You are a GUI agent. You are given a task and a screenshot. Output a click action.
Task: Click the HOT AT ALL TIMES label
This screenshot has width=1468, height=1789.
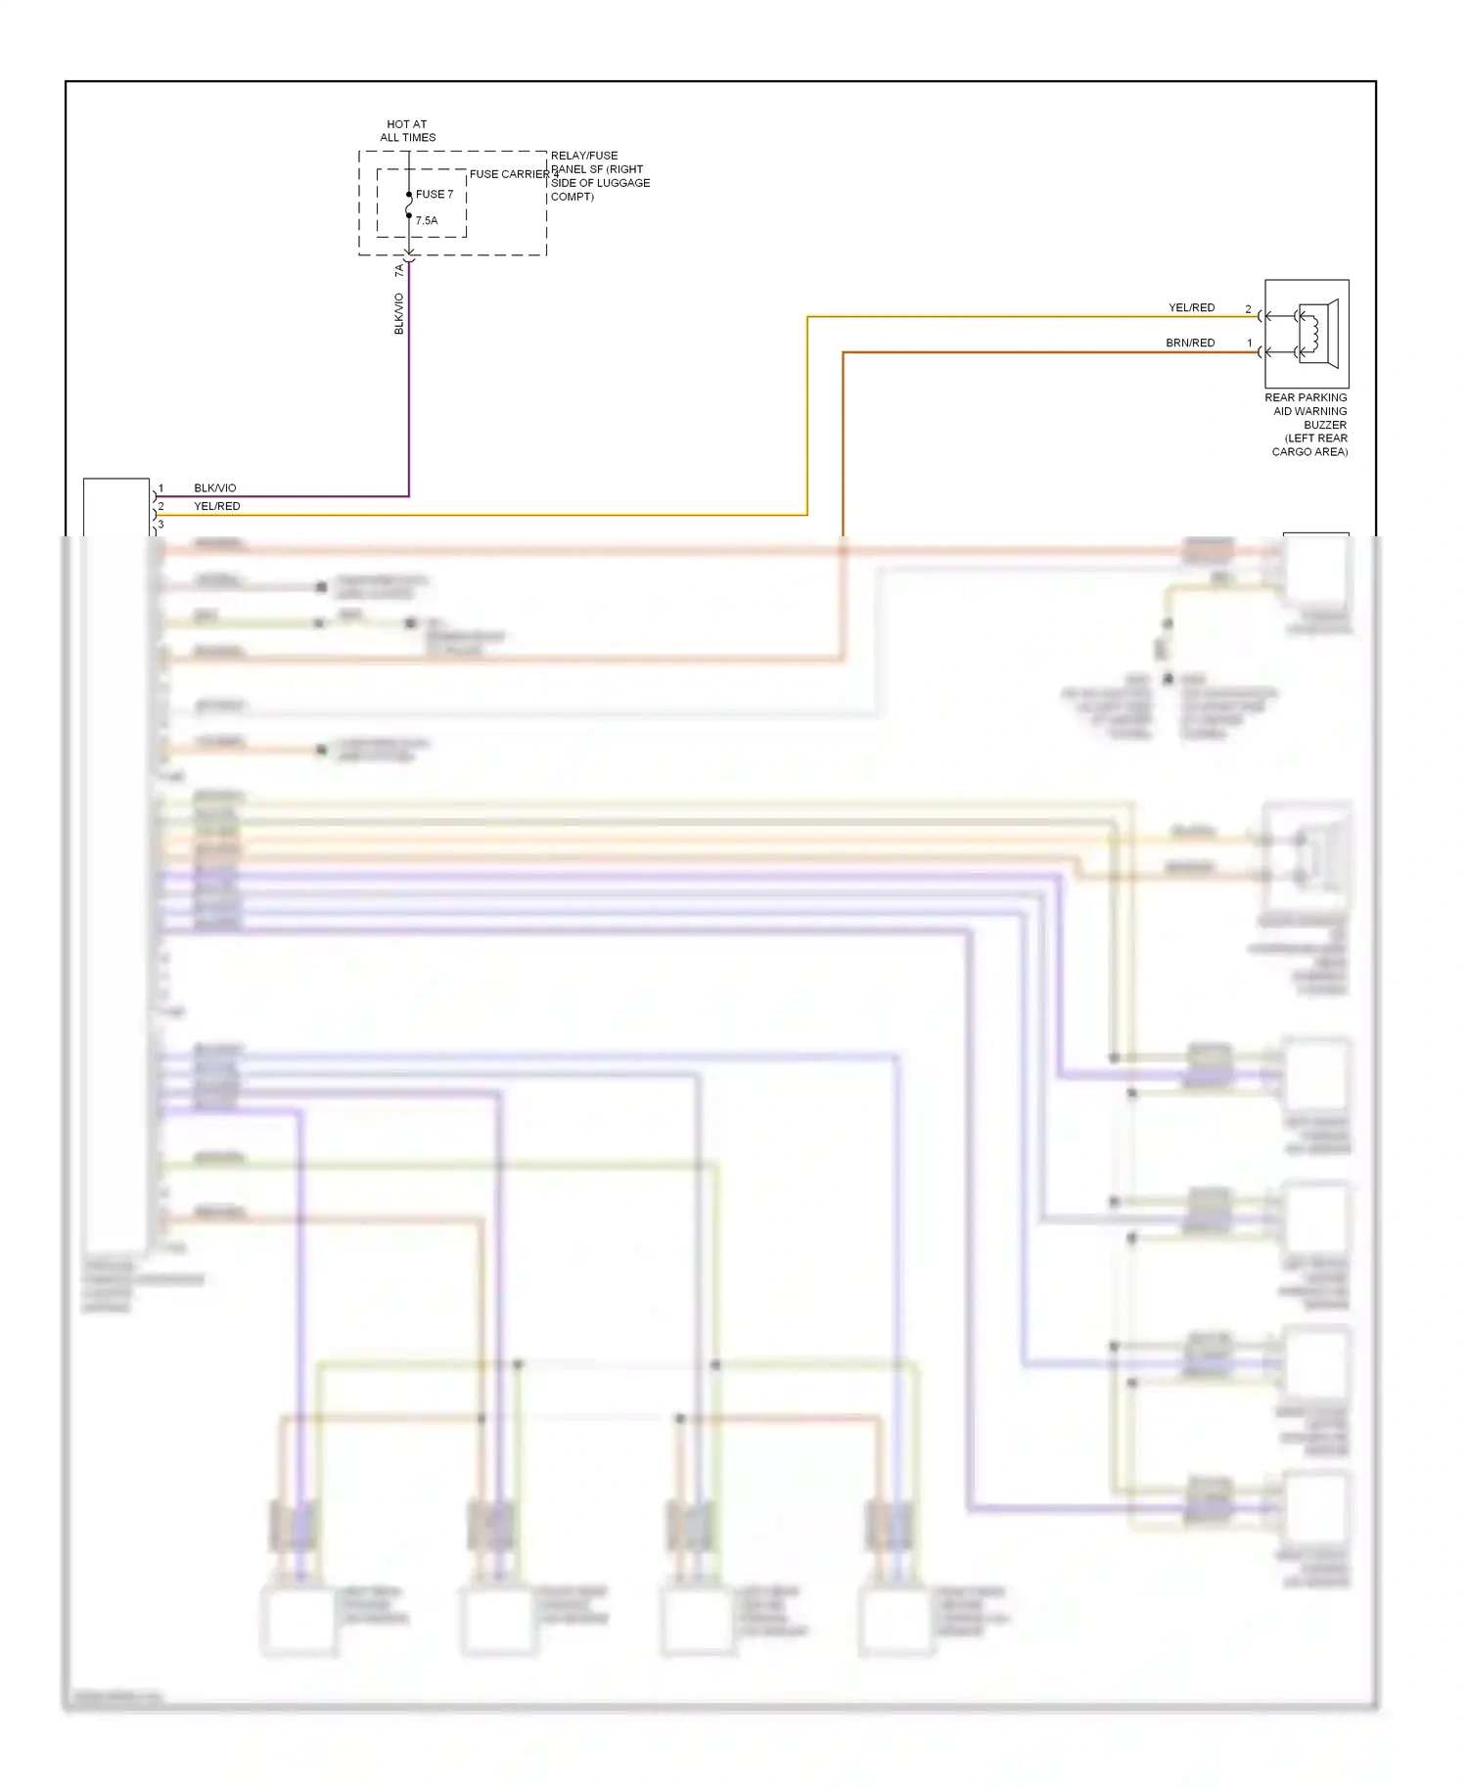pyautogui.click(x=407, y=131)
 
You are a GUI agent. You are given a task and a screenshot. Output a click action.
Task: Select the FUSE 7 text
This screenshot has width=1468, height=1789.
pyautogui.click(x=435, y=195)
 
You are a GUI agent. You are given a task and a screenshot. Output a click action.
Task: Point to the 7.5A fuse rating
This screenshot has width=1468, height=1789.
pyautogui.click(x=427, y=221)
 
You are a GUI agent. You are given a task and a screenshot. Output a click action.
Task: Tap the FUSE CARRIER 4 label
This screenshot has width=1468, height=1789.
pyautogui.click(x=514, y=174)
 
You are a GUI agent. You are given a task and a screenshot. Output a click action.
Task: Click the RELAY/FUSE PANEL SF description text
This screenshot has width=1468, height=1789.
pyautogui.click(x=599, y=176)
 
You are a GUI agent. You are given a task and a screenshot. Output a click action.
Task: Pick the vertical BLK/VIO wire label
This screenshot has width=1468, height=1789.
pyautogui.click(x=399, y=314)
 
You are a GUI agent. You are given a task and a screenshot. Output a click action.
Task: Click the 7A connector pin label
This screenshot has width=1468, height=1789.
pyautogui.click(x=399, y=269)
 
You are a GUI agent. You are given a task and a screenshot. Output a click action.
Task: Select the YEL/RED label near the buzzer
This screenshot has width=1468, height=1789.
pyautogui.click(x=1191, y=307)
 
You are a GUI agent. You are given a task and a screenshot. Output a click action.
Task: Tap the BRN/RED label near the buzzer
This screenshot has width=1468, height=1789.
pyautogui.click(x=1190, y=343)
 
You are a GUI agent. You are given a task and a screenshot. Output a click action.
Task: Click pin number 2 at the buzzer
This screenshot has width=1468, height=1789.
pyautogui.click(x=1248, y=309)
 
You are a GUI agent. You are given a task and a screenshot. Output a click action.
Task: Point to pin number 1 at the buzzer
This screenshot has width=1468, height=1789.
pyautogui.click(x=1249, y=344)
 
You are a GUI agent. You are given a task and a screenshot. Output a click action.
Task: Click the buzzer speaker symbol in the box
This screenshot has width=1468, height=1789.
pyautogui.click(x=1315, y=334)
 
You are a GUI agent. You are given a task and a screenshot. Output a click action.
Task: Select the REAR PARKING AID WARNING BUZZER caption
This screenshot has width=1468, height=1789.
pyautogui.click(x=1307, y=425)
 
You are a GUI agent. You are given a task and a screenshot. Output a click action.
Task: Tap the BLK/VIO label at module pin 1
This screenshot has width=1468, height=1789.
pyautogui.click(x=214, y=488)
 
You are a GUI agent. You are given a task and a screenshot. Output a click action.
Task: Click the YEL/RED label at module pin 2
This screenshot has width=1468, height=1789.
pyautogui.click(x=216, y=506)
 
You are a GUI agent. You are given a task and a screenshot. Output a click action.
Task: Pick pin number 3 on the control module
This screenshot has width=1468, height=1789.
pyautogui.click(x=161, y=525)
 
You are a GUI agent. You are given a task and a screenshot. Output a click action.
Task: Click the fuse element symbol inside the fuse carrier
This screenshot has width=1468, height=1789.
pyautogui.click(x=409, y=206)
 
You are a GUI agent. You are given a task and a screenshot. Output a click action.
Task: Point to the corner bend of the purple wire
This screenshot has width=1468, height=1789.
pyautogui.click(x=408, y=496)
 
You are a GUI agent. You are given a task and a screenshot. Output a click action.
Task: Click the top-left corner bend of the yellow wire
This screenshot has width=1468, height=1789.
pyautogui.click(x=807, y=317)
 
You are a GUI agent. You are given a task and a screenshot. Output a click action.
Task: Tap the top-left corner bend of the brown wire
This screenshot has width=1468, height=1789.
pyautogui.click(x=844, y=352)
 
